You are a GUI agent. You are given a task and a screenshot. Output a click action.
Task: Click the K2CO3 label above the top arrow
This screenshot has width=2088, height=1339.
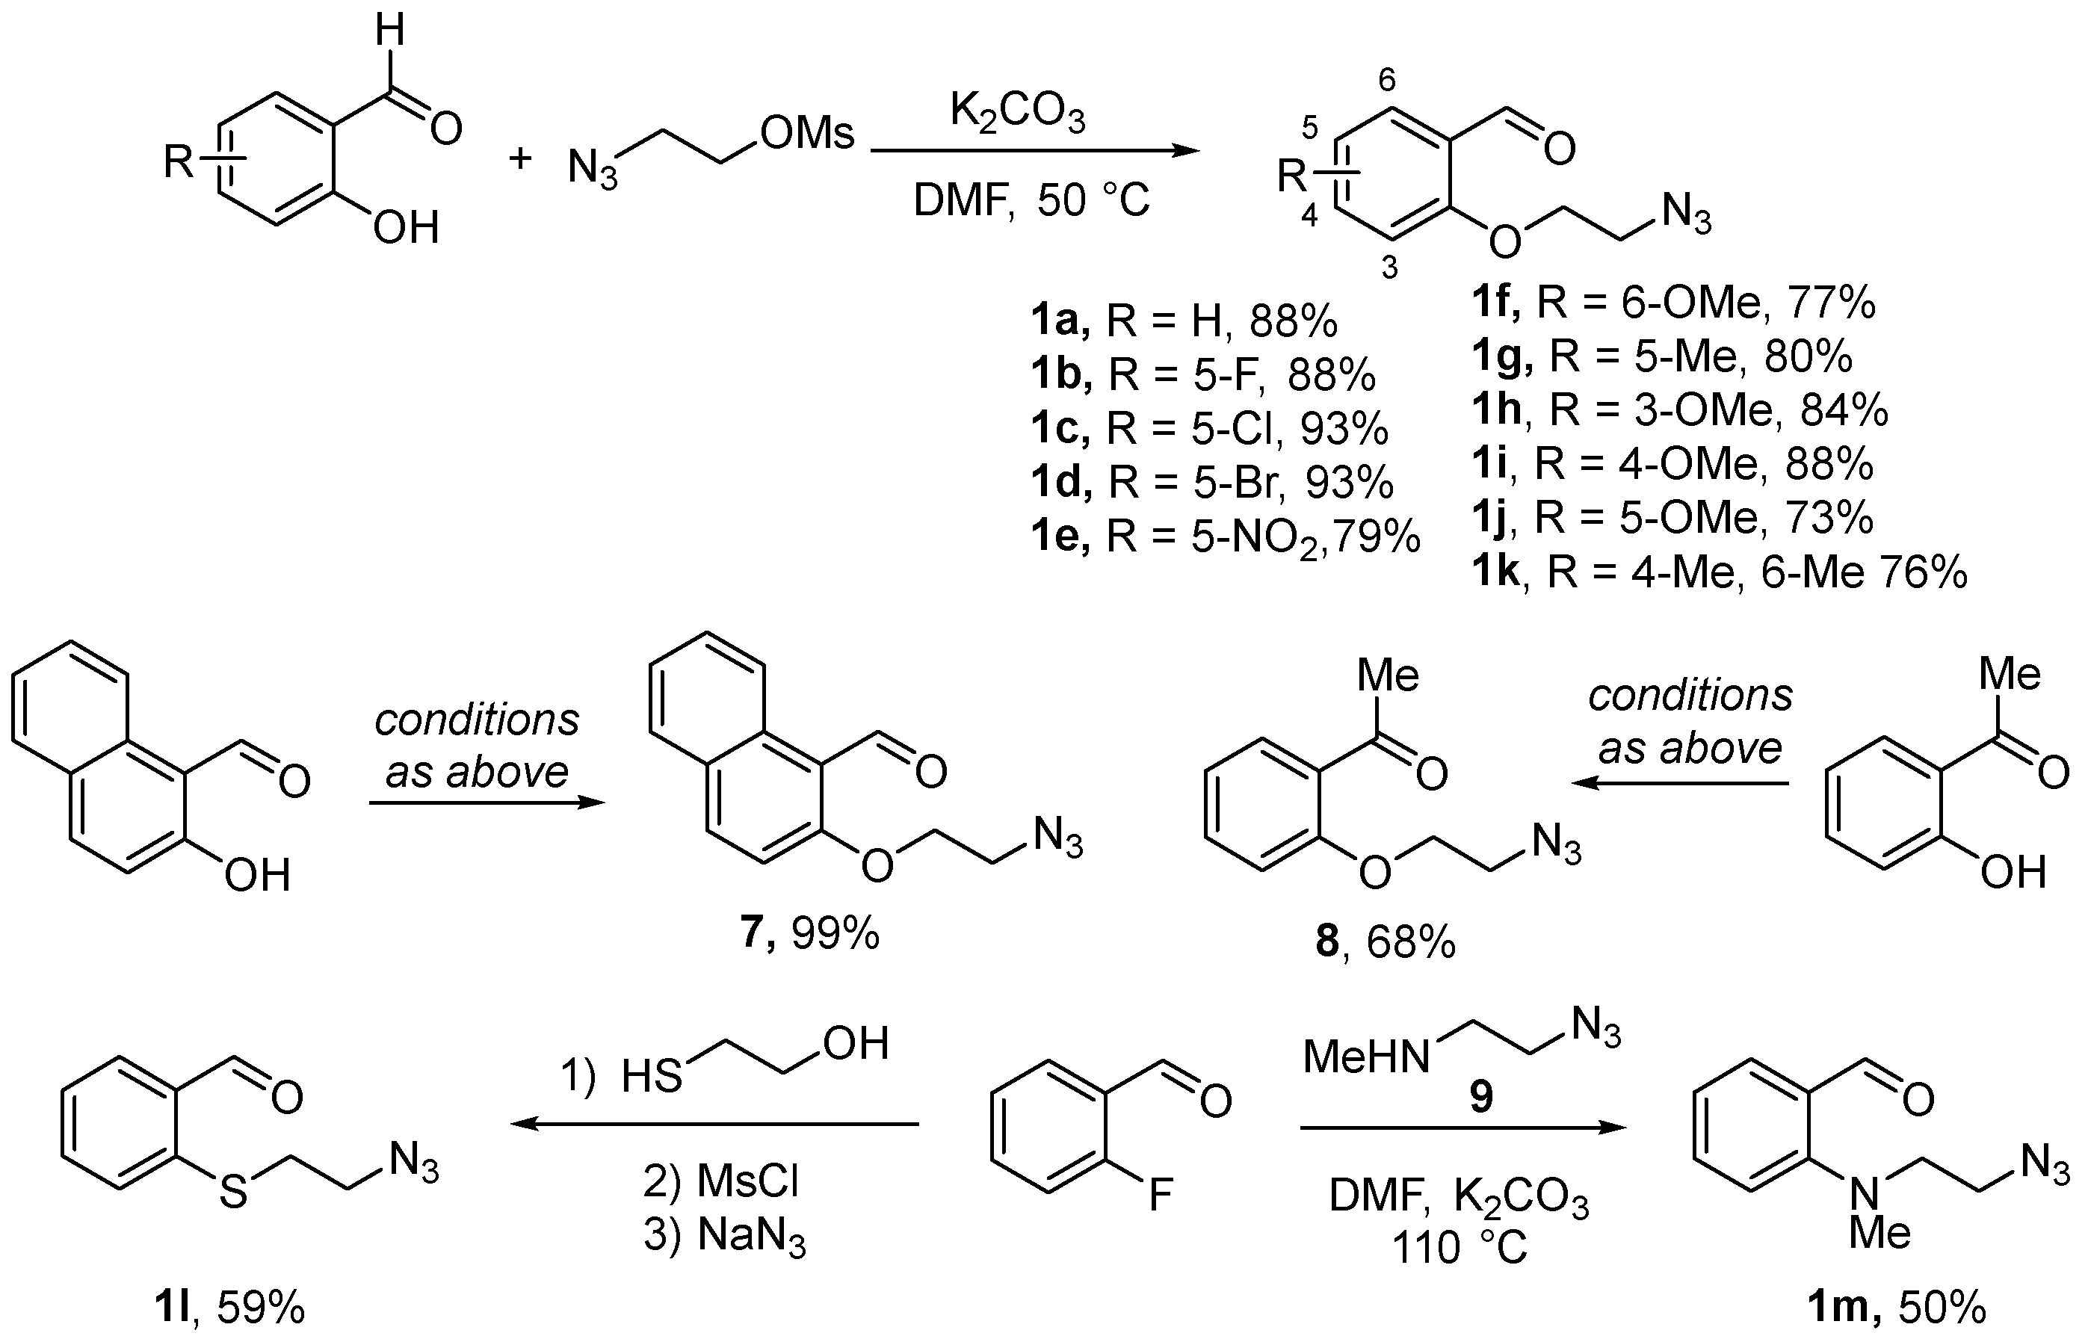(x=1018, y=114)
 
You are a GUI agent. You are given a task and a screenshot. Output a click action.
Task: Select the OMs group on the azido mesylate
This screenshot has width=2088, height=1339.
(x=807, y=134)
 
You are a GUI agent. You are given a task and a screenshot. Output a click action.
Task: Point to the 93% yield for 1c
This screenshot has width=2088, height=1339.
(x=1344, y=428)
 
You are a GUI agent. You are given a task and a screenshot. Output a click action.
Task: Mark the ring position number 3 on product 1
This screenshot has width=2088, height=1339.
(x=1390, y=268)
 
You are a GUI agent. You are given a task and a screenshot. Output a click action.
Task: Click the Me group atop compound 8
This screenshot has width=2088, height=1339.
(x=1388, y=675)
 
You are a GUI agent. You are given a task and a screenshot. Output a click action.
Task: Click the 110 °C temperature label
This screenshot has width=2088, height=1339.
(x=1460, y=1248)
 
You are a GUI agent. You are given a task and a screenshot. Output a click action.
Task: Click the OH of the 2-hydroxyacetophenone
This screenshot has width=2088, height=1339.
(x=2012, y=871)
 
